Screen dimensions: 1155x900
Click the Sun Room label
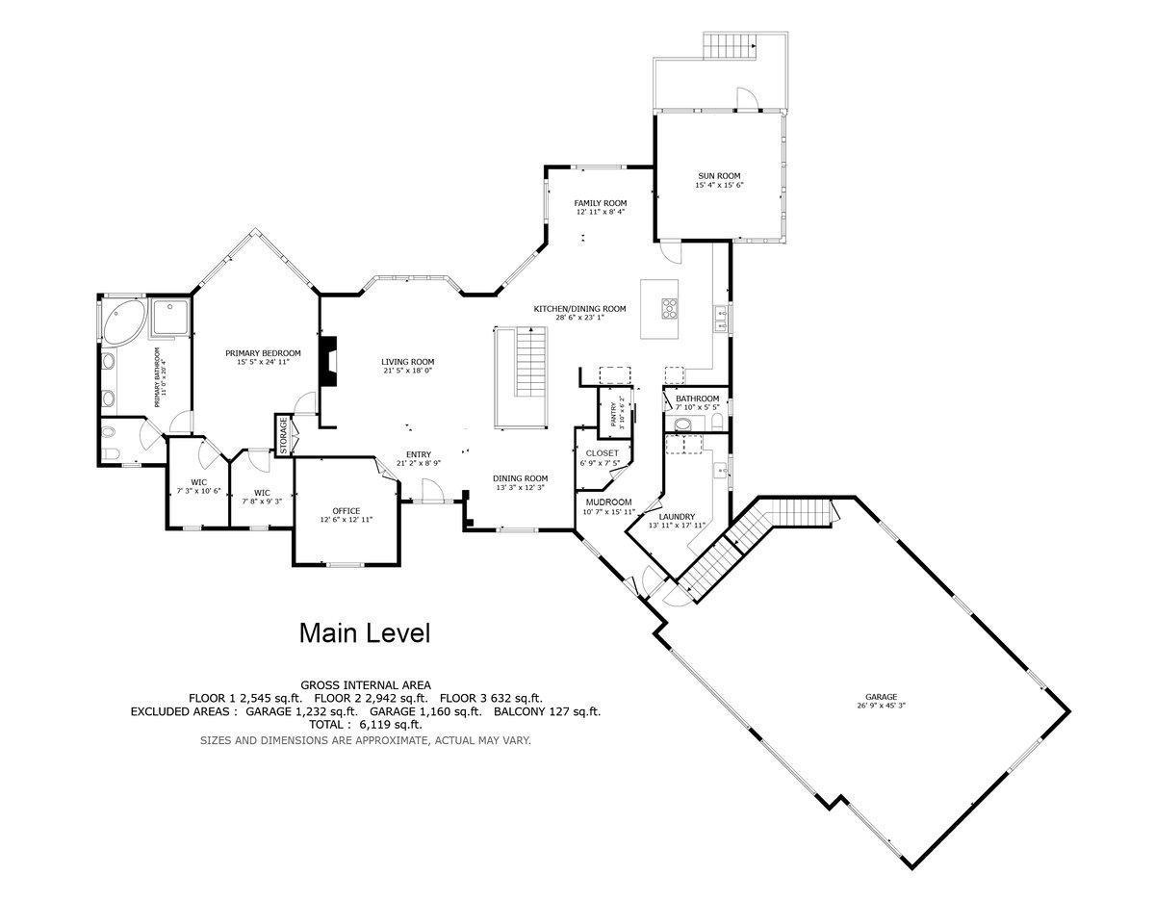(719, 176)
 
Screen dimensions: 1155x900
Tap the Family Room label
(600, 203)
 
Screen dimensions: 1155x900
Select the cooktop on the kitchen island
(670, 308)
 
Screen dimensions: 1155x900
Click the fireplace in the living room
(328, 361)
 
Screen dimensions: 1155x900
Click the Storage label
(283, 435)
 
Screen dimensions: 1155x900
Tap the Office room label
(346, 511)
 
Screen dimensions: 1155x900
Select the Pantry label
(613, 414)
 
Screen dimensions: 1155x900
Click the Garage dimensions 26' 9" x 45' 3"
(881, 706)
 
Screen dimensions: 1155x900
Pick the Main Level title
(365, 633)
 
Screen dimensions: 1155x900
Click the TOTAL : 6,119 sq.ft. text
(366, 724)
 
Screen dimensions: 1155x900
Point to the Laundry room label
(677, 517)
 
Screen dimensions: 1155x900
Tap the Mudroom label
(608, 502)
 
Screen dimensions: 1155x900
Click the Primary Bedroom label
(263, 353)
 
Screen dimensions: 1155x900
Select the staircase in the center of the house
(531, 362)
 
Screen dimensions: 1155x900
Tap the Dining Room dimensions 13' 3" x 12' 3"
(520, 487)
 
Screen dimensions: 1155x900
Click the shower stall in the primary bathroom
(170, 318)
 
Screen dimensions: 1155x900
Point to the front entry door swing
(432, 489)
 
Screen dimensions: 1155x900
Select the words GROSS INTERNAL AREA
(366, 685)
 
